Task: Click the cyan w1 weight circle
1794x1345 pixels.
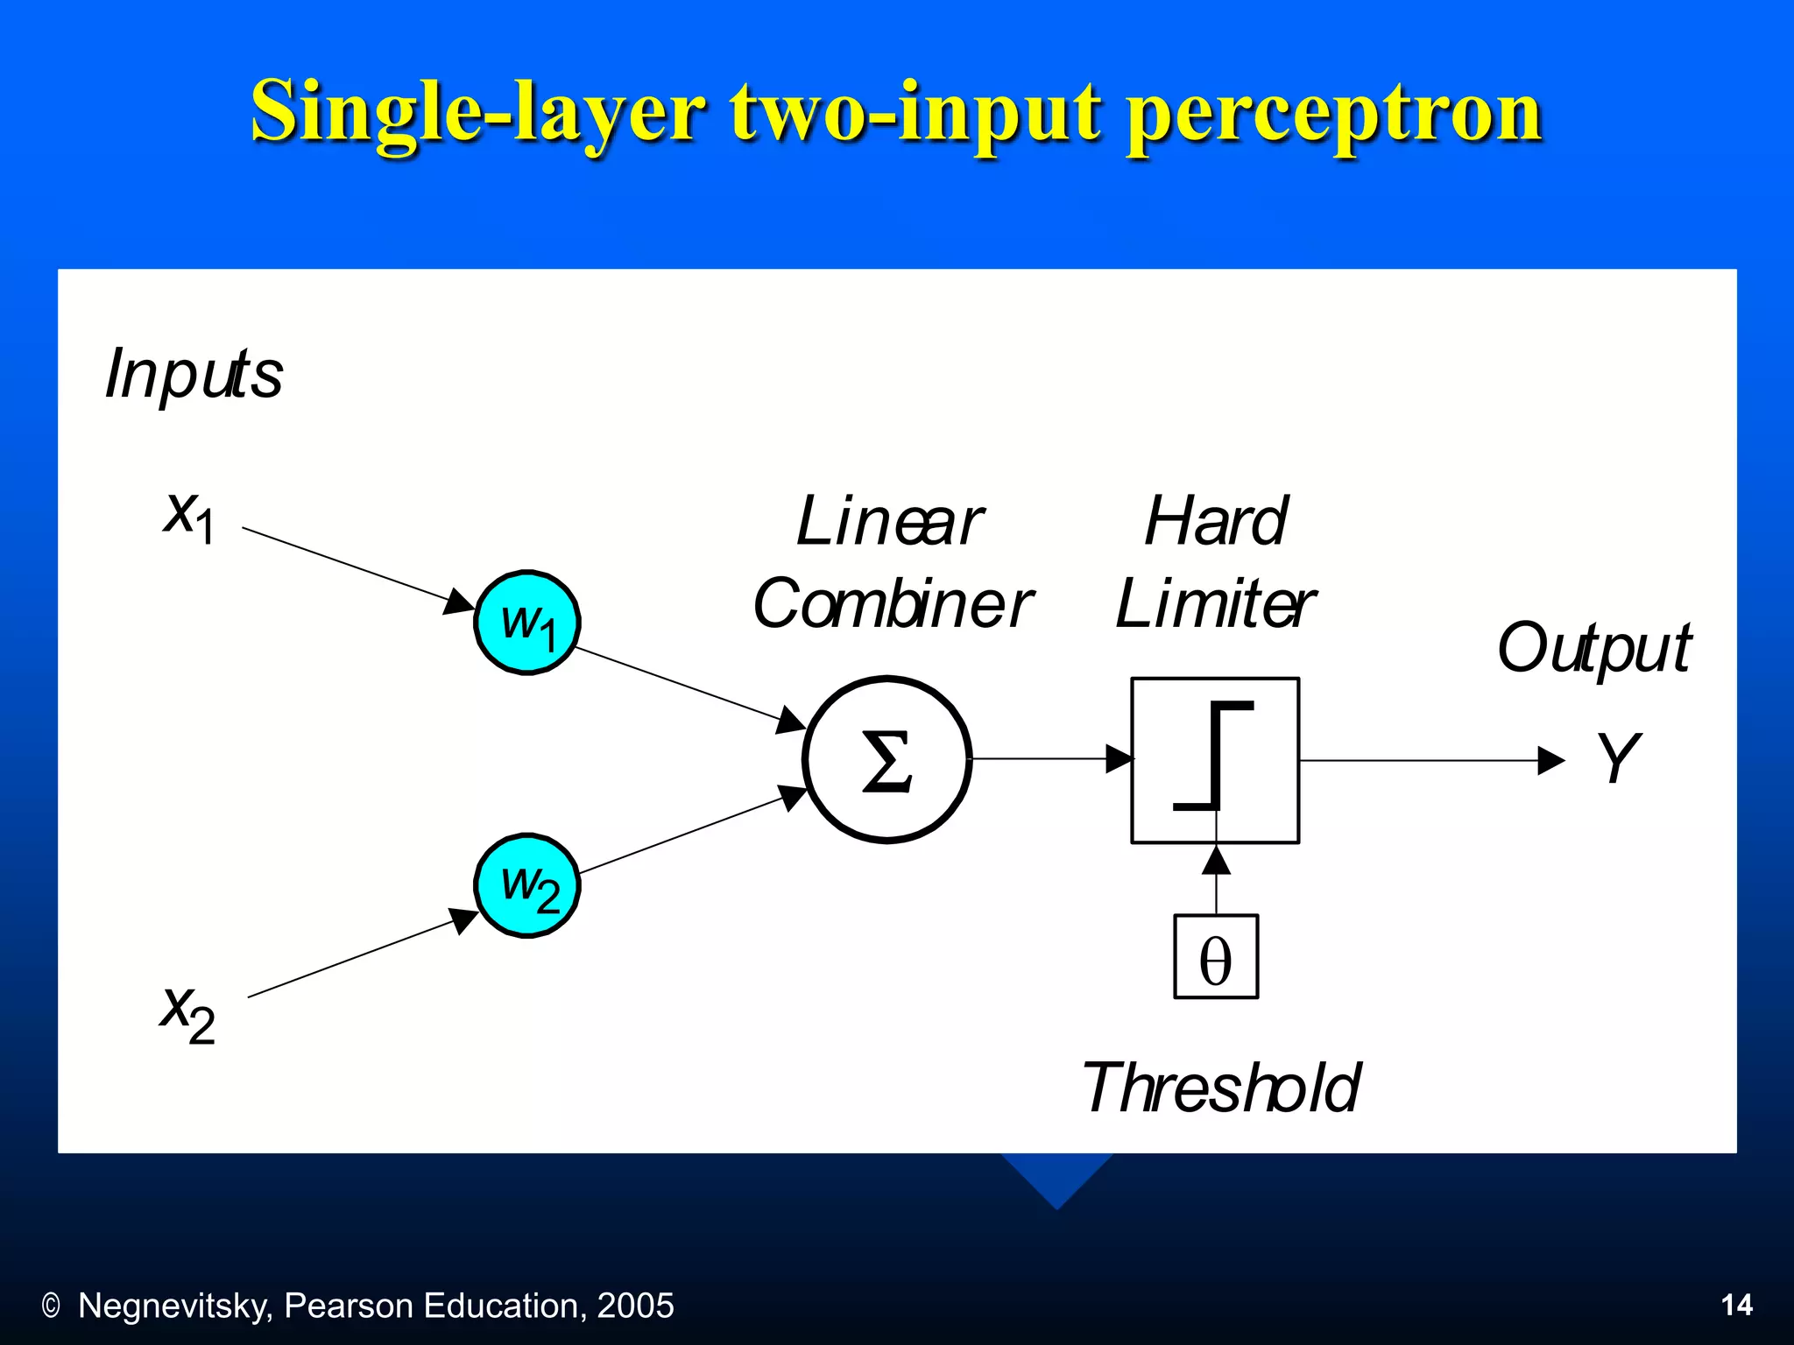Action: pos(527,623)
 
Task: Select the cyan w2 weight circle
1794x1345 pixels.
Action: pos(527,885)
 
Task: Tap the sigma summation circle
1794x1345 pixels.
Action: pos(886,759)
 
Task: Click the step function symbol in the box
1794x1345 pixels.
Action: pos(1214,755)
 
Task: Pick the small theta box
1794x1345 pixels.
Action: pos(1216,957)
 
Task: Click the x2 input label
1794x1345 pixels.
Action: pos(187,1013)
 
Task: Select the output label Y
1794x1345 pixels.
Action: pos(1617,757)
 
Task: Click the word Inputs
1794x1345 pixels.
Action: pos(194,374)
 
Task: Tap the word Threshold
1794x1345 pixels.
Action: pos(1221,1088)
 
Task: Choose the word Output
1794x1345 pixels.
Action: pos(1594,648)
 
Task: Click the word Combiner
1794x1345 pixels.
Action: pos(893,604)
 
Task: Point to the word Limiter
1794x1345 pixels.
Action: pos(1214,604)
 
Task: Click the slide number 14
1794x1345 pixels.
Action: pos(1736,1306)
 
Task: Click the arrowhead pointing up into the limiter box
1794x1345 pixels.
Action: pos(1216,860)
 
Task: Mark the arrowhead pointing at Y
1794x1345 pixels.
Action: pos(1550,760)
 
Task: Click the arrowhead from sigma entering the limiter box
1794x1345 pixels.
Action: pos(1119,758)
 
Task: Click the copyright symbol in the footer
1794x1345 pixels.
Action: pos(51,1306)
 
